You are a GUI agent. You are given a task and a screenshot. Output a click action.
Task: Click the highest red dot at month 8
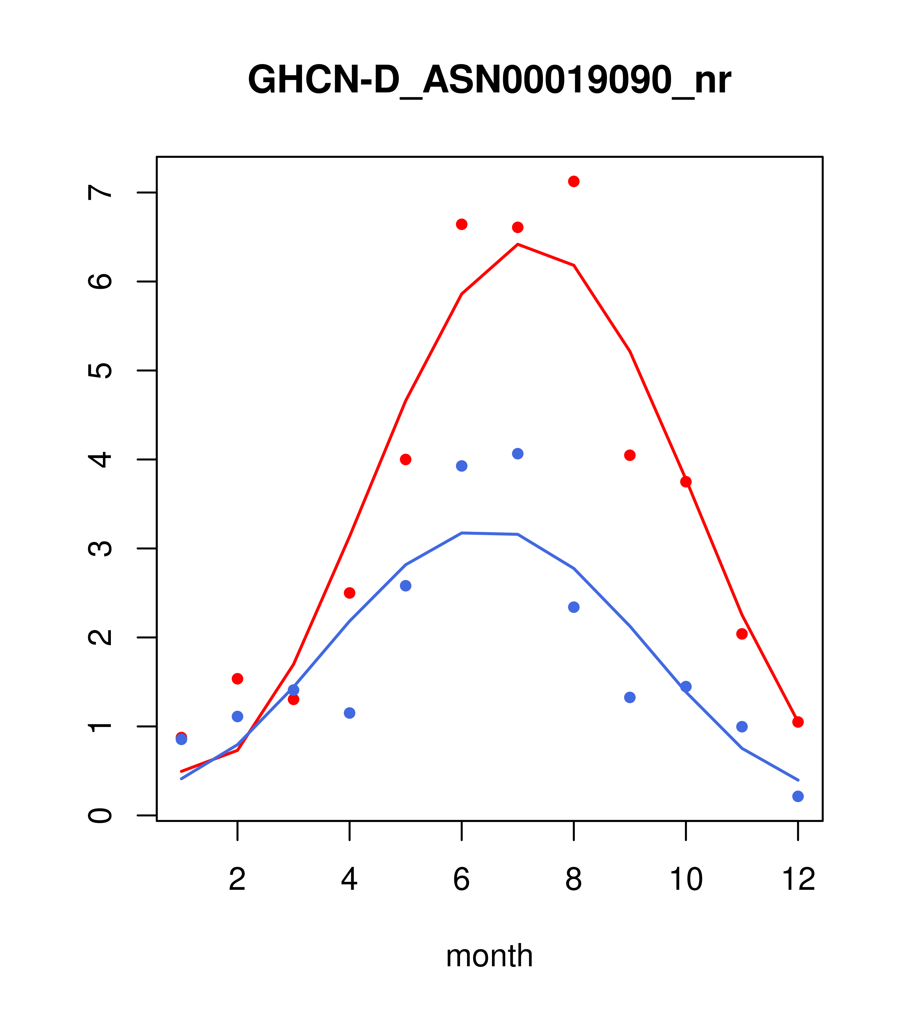574,181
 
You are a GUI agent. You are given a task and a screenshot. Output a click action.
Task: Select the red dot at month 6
462,224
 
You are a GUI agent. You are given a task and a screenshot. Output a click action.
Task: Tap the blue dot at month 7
517,454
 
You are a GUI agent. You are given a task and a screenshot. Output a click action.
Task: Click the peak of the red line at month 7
517,244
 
